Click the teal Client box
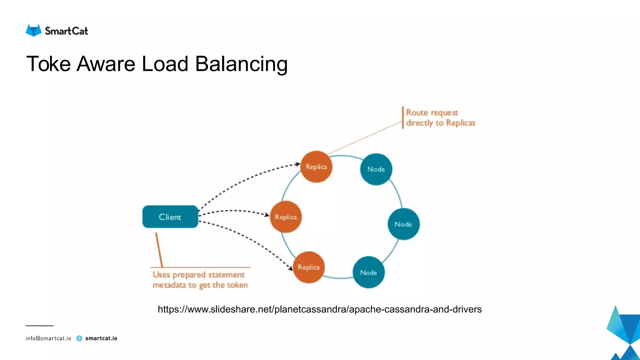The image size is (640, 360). point(170,217)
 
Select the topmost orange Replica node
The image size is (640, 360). point(316,167)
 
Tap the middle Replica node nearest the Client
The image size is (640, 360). point(286,217)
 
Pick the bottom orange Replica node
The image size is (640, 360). point(309,267)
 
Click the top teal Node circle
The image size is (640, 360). point(376,169)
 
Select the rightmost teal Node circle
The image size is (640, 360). point(403,224)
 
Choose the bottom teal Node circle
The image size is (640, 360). point(368,272)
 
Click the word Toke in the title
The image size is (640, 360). point(48,64)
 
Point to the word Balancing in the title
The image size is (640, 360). point(241,64)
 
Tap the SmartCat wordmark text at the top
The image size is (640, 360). point(66,31)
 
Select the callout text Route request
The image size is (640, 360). point(432,112)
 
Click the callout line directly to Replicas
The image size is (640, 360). point(440,123)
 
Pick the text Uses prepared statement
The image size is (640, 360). point(198,275)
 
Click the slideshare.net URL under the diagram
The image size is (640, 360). point(319,309)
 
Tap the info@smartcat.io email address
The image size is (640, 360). point(48,338)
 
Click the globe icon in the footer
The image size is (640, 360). point(79,338)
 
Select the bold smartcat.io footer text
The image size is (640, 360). point(101,338)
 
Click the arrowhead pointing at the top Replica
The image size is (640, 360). point(298,164)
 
